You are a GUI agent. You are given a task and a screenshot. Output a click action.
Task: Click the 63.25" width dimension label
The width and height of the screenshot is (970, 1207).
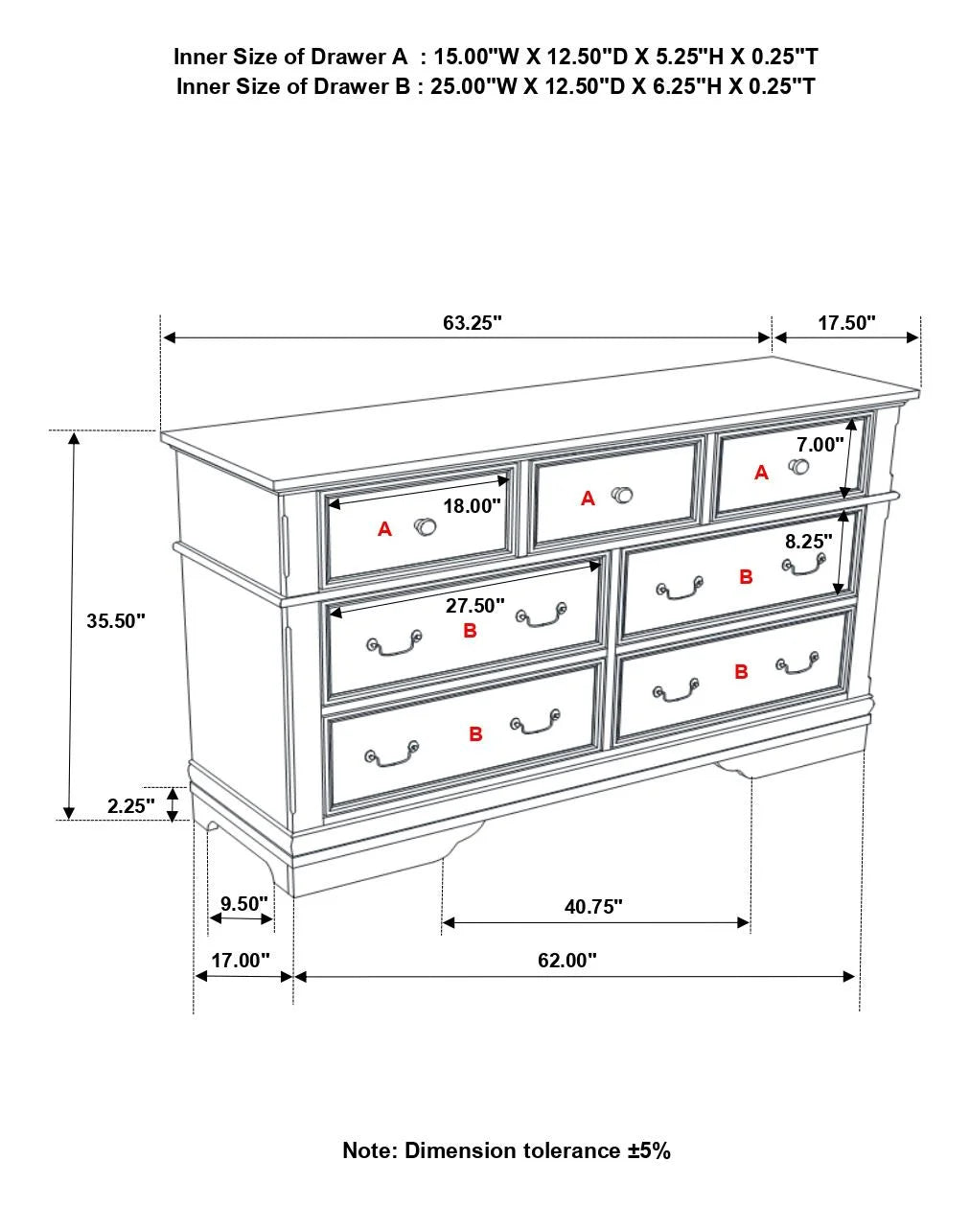point(473,323)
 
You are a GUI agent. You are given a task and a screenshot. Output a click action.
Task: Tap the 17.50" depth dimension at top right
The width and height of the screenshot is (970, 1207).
point(846,323)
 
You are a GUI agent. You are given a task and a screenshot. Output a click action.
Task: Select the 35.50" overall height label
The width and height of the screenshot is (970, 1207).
point(116,621)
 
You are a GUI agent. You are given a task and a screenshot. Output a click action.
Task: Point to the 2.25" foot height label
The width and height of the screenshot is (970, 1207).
point(130,806)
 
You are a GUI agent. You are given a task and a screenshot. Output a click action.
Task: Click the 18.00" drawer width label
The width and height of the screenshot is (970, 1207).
point(472,506)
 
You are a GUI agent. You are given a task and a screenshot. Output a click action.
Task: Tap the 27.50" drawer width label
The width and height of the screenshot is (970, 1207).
point(474,606)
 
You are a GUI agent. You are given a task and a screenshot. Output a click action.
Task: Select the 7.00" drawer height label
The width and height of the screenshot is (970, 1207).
point(820,445)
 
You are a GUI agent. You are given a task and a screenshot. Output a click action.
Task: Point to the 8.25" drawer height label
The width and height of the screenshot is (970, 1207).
point(809,542)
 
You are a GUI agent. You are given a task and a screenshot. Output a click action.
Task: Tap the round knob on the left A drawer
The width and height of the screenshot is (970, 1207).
point(426,526)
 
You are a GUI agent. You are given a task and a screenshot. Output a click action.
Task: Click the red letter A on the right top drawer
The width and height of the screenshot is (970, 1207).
point(761,473)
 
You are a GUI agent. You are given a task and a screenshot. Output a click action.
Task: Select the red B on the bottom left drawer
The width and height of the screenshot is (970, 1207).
point(475,733)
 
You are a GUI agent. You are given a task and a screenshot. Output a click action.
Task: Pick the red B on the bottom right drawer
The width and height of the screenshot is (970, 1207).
point(741,672)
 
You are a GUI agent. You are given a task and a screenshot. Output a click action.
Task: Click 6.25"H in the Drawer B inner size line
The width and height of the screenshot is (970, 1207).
point(688,86)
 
